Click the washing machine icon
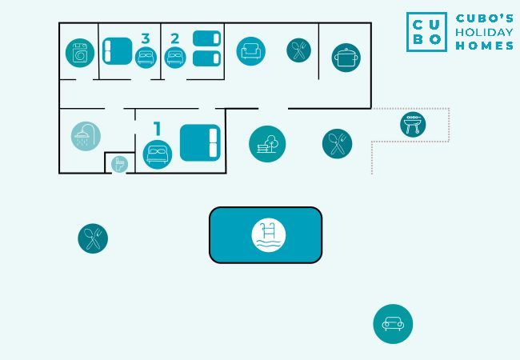80,54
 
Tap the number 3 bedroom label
145,38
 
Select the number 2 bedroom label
174,38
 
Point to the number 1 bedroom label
158,128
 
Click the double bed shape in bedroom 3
118,50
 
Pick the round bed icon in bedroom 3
146,58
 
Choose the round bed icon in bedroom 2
175,58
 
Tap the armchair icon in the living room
250,51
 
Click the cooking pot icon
346,58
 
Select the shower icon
86,136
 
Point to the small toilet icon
119,164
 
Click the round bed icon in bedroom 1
158,154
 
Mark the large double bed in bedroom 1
199,143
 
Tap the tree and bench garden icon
267,144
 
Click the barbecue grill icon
413,124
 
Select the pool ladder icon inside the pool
269,234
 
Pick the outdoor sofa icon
393,324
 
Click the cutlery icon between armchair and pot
298,51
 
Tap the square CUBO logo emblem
426,32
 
